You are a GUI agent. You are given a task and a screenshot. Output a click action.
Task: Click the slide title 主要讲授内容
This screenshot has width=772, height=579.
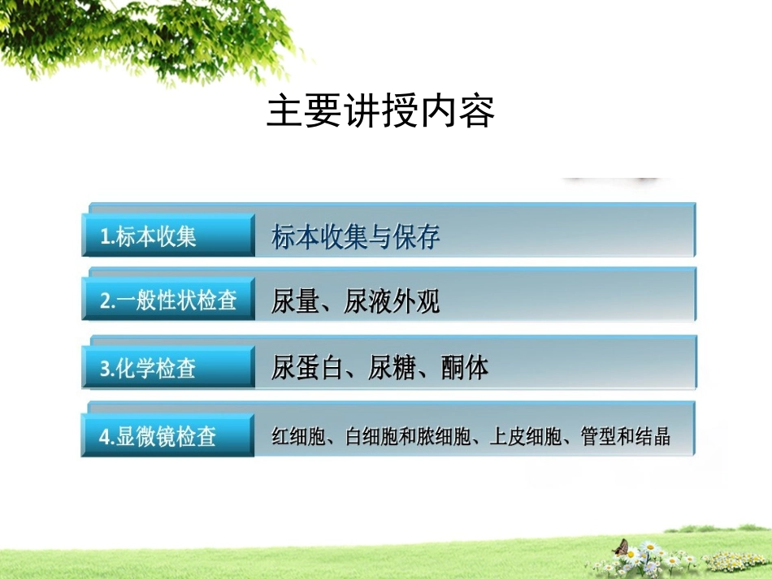click(x=380, y=112)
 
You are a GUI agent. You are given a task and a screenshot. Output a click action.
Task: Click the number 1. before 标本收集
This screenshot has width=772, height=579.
click(x=107, y=238)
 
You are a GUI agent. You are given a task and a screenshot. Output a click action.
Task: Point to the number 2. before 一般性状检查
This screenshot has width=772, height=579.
click(x=107, y=302)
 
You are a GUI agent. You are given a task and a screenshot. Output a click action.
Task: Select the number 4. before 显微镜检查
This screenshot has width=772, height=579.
click(x=107, y=437)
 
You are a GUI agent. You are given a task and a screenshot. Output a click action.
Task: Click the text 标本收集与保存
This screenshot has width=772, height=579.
click(x=356, y=238)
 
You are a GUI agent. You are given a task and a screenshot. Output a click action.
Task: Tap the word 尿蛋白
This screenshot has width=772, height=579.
click(x=308, y=369)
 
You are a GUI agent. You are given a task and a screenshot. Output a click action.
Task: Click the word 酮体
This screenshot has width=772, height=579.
click(x=465, y=369)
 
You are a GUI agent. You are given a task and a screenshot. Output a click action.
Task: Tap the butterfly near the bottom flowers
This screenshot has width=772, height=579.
click(x=622, y=547)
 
